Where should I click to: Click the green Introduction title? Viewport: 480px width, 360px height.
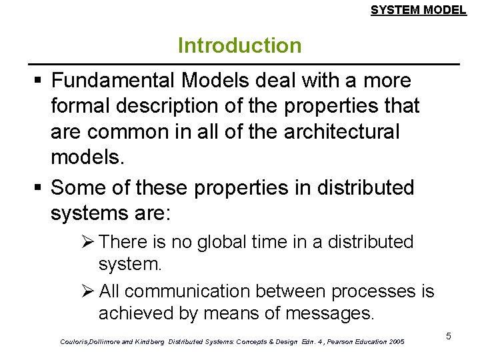pyautogui.click(x=239, y=46)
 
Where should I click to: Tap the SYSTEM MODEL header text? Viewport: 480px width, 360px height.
pyautogui.click(x=418, y=10)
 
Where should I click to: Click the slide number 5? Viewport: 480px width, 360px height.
pyautogui.click(x=449, y=336)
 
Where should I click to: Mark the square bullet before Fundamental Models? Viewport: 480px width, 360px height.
pyautogui.click(x=39, y=81)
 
